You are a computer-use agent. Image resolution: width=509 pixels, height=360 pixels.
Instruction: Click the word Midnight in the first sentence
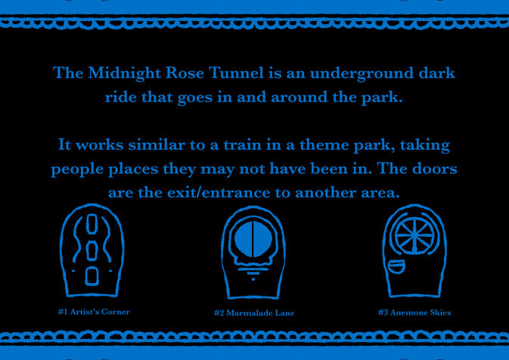tap(123, 74)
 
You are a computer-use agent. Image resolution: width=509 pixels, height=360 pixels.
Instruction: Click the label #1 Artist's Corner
tap(94, 312)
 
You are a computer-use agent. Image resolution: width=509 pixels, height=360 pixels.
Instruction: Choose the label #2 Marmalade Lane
tap(254, 312)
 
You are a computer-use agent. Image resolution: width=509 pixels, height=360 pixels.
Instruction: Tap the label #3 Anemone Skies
tap(414, 312)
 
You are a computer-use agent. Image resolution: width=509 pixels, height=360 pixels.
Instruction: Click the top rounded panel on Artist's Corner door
tap(92, 225)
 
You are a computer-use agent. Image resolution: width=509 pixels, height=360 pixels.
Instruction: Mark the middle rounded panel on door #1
tap(92, 250)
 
